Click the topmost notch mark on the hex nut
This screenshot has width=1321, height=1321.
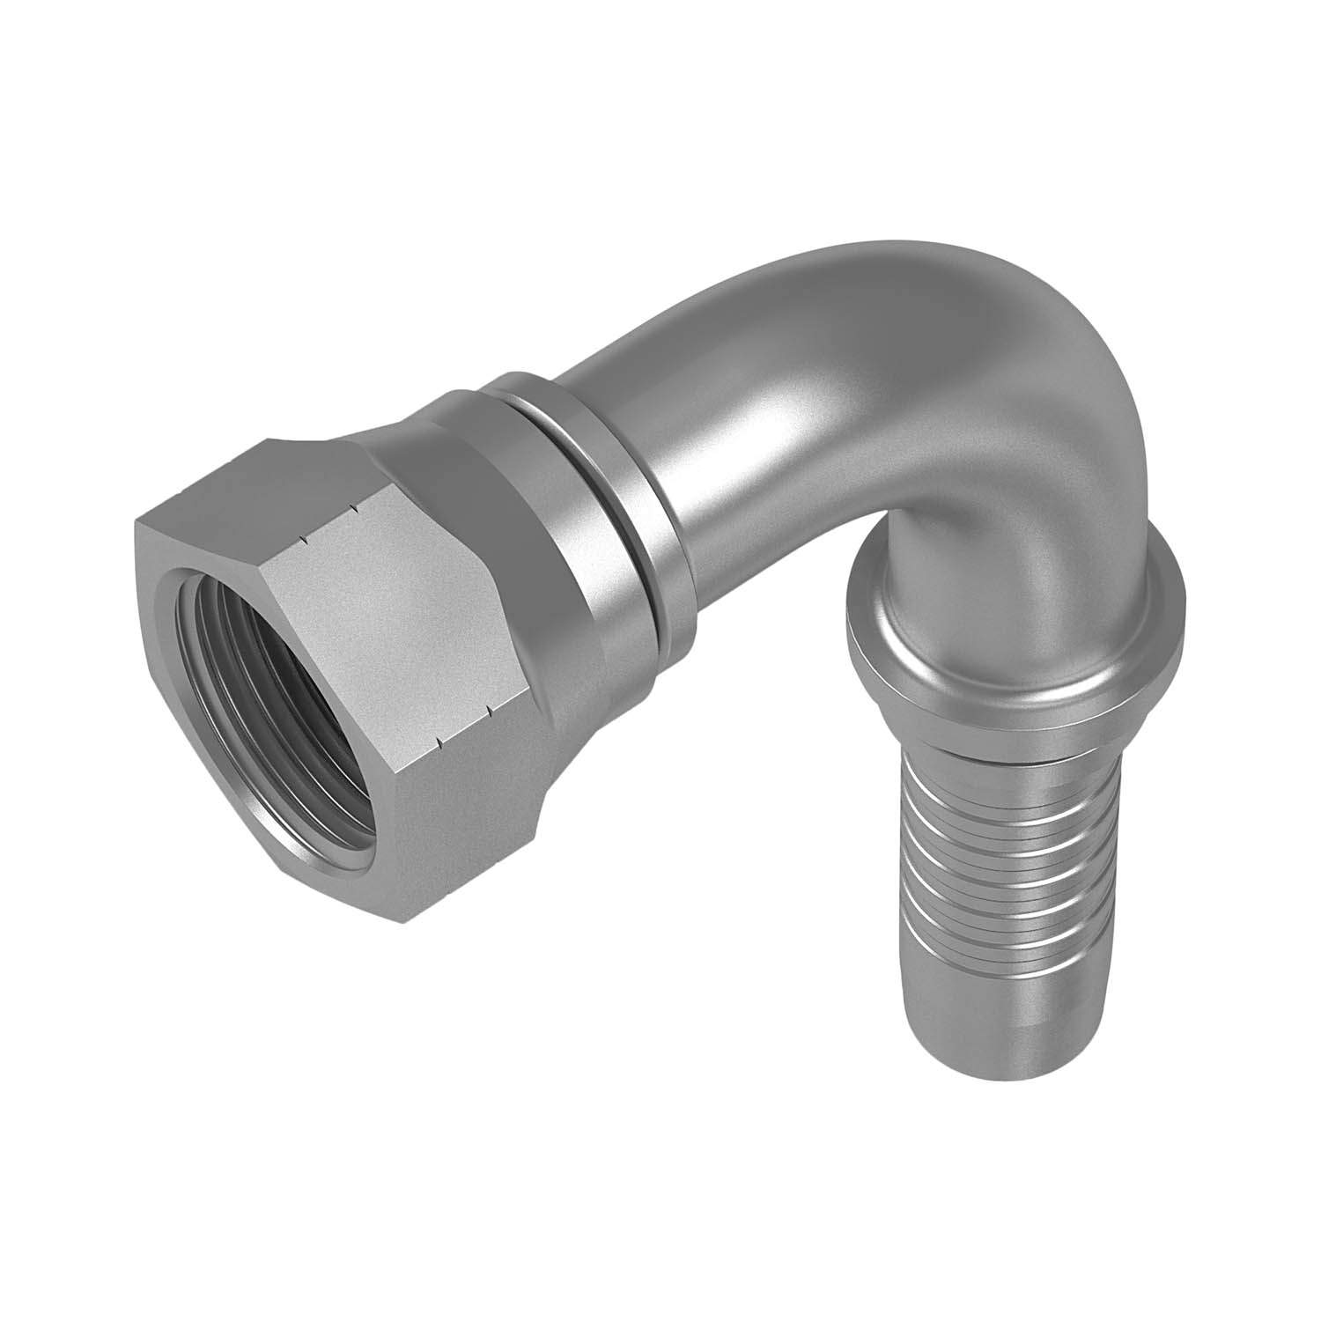pyautogui.click(x=353, y=507)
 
